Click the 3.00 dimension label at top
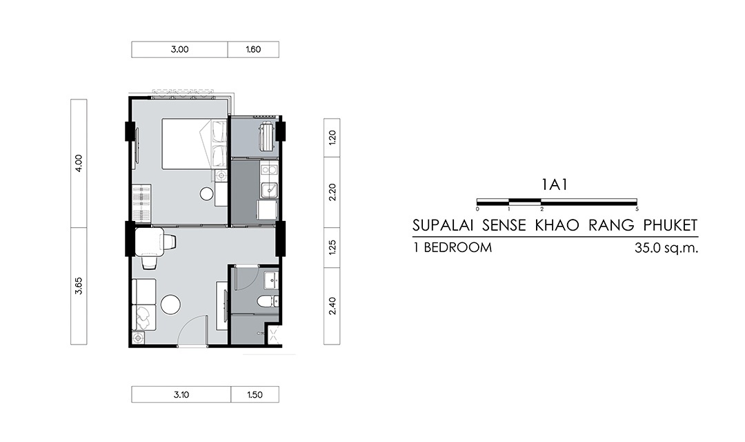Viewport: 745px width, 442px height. coord(179,50)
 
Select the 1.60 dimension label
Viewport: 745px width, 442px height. coord(253,50)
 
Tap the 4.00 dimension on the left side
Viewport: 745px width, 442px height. coord(79,163)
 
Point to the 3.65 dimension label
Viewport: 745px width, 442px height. coord(79,285)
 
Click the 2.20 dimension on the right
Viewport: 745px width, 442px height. coord(332,192)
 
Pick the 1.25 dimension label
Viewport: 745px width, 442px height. coord(332,247)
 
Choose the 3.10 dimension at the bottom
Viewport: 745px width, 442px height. coord(181,394)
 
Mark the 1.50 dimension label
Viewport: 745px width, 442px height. coord(255,394)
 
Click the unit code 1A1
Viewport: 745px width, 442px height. coord(555,184)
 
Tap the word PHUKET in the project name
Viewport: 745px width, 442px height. coord(670,225)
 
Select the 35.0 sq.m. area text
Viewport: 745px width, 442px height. coord(666,248)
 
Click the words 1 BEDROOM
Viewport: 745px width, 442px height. coord(453,247)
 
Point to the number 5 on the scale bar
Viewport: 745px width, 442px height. coord(637,209)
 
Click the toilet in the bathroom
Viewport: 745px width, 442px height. coord(266,300)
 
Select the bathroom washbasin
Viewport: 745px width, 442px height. coord(271,280)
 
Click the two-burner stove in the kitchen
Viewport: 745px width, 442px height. coord(268,169)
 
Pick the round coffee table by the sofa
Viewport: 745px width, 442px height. coord(170,305)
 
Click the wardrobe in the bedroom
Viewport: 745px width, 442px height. coord(142,204)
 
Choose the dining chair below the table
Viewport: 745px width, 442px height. coord(149,262)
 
